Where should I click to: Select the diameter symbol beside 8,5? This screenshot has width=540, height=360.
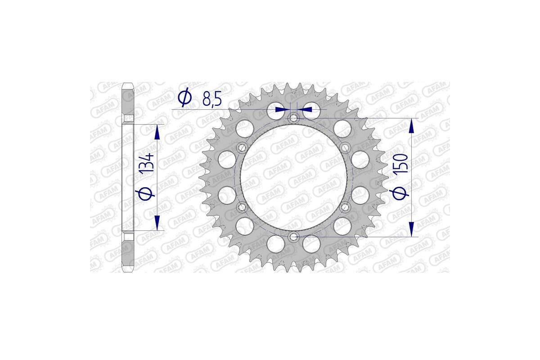[x=184, y=98]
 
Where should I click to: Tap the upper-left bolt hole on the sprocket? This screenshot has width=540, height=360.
[x=242, y=148]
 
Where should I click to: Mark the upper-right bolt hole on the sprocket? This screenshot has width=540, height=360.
[x=345, y=148]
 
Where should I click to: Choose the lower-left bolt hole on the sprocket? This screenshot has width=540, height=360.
[x=242, y=207]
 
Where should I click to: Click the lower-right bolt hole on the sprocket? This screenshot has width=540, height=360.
[x=345, y=207]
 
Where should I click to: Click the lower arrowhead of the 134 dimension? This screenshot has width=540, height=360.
[x=157, y=224]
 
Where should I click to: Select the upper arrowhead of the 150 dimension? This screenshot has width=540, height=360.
[x=411, y=126]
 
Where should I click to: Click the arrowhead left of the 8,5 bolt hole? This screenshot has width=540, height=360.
[x=282, y=109]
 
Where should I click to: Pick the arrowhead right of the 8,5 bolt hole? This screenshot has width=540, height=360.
[x=306, y=109]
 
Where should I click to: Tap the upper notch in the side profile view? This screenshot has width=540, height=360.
[x=128, y=120]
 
